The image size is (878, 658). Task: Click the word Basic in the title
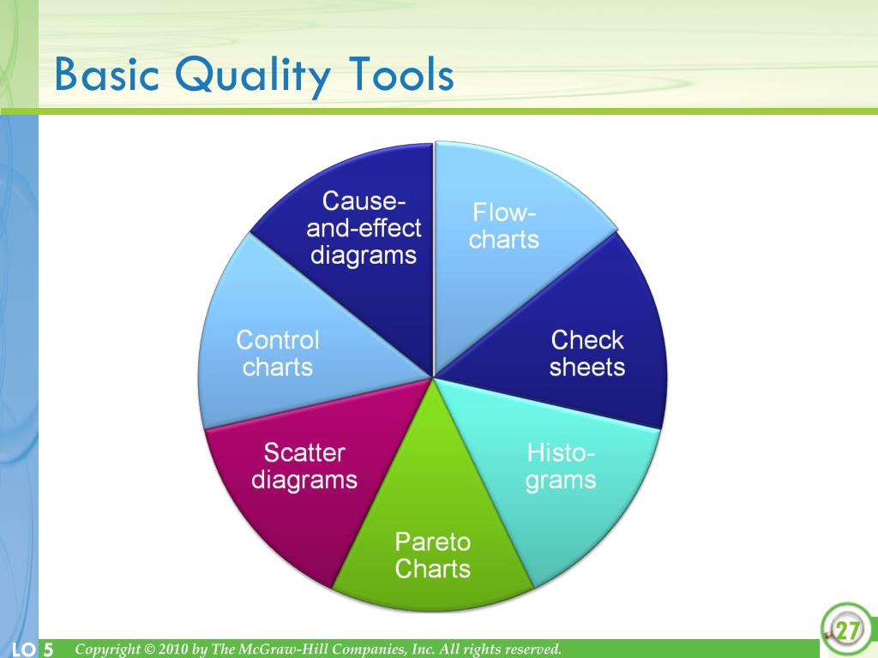[106, 75]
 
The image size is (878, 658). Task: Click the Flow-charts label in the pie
[504, 226]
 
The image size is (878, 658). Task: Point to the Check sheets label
[586, 354]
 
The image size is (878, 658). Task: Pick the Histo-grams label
[561, 467]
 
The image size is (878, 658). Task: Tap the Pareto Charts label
[432, 555]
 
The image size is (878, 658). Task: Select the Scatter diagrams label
[304, 466]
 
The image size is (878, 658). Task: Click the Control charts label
[278, 354]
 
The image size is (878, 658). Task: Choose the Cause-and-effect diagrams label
[364, 228]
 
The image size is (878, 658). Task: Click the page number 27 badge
[847, 630]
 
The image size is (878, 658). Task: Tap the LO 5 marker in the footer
[32, 649]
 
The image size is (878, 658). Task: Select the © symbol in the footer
[149, 649]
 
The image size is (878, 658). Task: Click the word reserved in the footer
[533, 649]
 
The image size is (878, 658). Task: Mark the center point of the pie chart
[433, 377]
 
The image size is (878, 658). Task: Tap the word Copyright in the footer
[107, 649]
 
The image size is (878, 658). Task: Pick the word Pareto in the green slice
[432, 541]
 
